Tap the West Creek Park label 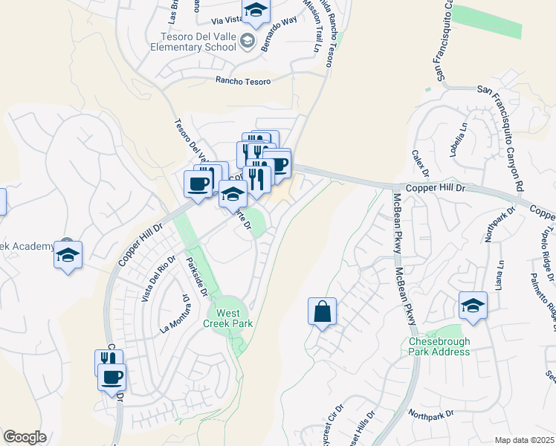pyautogui.click(x=228, y=317)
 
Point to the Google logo pyautogui.click(x=25, y=437)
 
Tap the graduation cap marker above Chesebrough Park pyautogui.click(x=473, y=306)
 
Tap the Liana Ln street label pyautogui.click(x=502, y=273)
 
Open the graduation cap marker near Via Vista pyautogui.click(x=256, y=11)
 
